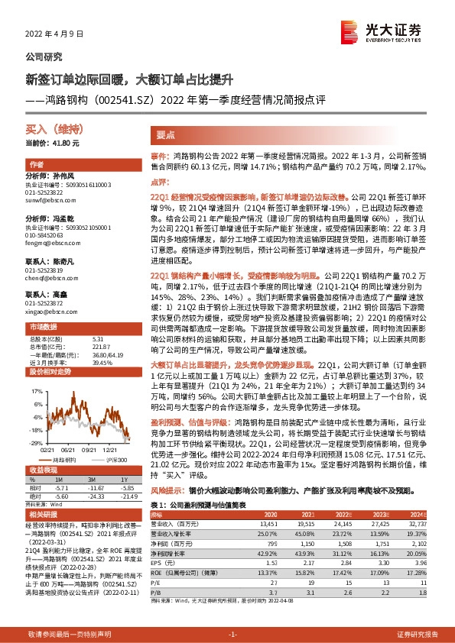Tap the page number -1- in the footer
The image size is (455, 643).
tap(233, 635)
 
